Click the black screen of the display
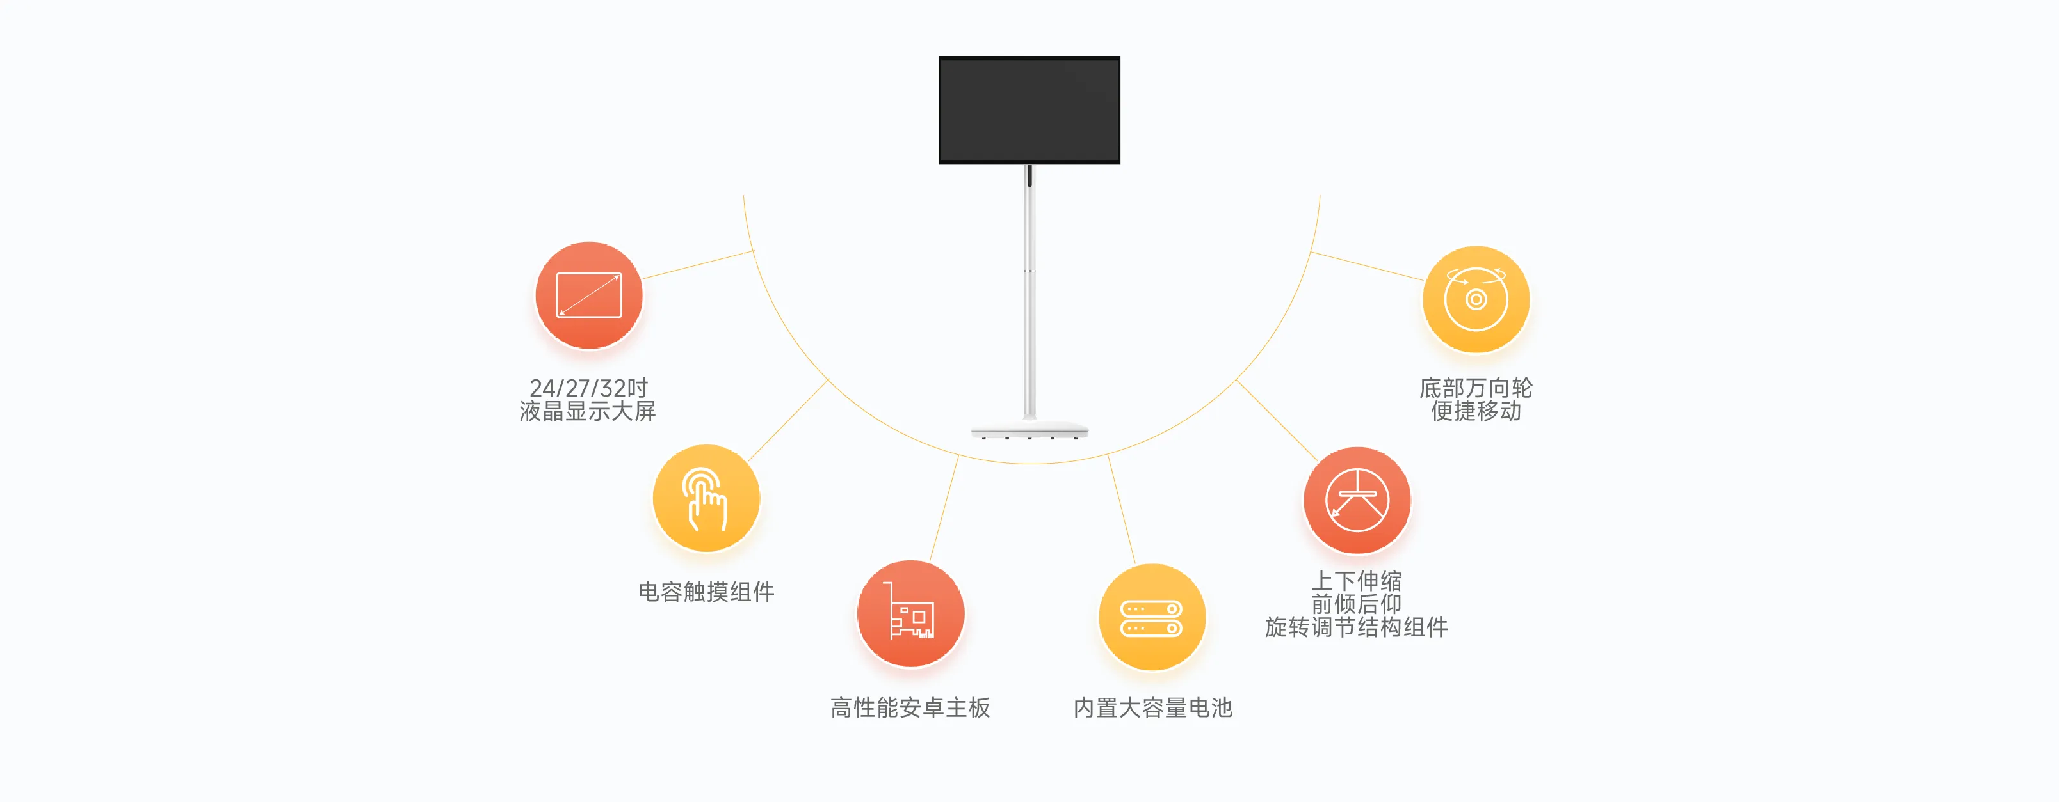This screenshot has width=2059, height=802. (x=1029, y=109)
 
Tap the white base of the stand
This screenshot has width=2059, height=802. (x=1029, y=430)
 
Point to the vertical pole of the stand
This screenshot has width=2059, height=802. (x=1029, y=292)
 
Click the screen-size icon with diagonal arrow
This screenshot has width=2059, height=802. (x=589, y=295)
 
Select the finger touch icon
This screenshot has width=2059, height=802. (x=706, y=498)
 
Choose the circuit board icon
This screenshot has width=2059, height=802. (x=910, y=613)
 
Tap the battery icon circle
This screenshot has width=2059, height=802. (x=1152, y=617)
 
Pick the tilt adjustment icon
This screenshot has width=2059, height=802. (x=1357, y=500)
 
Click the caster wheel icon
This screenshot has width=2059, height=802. (x=1476, y=299)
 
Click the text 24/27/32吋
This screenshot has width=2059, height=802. (x=588, y=388)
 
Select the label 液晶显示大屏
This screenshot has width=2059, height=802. (x=588, y=411)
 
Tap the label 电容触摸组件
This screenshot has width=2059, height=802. (x=706, y=592)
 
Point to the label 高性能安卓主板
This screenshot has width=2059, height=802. (x=910, y=708)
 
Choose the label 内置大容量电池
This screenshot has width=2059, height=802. (x=1152, y=708)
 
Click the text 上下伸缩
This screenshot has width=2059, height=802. (x=1357, y=581)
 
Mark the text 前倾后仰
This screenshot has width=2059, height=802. (x=1357, y=604)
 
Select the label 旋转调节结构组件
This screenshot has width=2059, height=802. (x=1357, y=627)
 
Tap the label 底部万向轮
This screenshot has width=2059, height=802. (x=1476, y=388)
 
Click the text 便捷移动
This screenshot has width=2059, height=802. (x=1476, y=411)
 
